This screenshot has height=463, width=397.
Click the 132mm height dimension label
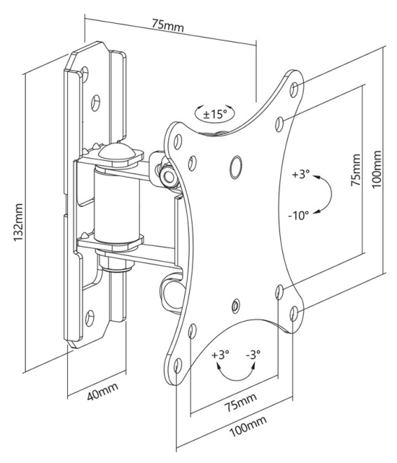(x=18, y=222)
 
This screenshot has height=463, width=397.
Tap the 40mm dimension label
(x=102, y=392)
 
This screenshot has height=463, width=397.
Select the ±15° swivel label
(x=215, y=114)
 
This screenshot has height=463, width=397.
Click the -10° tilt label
(x=298, y=215)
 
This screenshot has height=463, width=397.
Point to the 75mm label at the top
(x=168, y=25)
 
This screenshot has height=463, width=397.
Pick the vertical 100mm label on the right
(x=376, y=169)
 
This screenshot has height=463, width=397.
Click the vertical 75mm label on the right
(x=356, y=169)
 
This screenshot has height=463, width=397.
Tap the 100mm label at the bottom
(x=248, y=426)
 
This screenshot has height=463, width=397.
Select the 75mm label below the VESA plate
(x=240, y=402)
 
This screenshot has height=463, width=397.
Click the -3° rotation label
(x=253, y=353)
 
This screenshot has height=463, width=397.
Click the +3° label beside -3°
(x=220, y=354)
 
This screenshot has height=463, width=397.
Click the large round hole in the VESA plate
(x=236, y=167)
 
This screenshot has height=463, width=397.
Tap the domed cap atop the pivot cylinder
(x=117, y=151)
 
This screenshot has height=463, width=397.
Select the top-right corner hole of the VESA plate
(x=294, y=89)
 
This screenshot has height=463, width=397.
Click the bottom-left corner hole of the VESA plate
(x=178, y=366)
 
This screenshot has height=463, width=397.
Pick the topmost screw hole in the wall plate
(x=84, y=74)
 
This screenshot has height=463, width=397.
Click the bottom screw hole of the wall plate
(x=90, y=318)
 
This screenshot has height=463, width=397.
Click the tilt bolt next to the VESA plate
(x=168, y=177)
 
